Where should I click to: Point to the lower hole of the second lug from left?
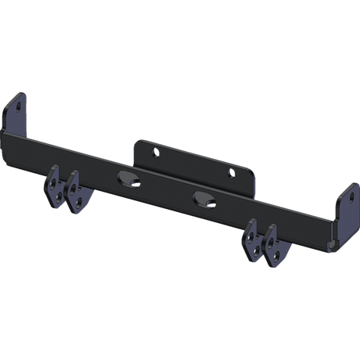click(80, 203)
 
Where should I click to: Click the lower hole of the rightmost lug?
click(275, 255)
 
